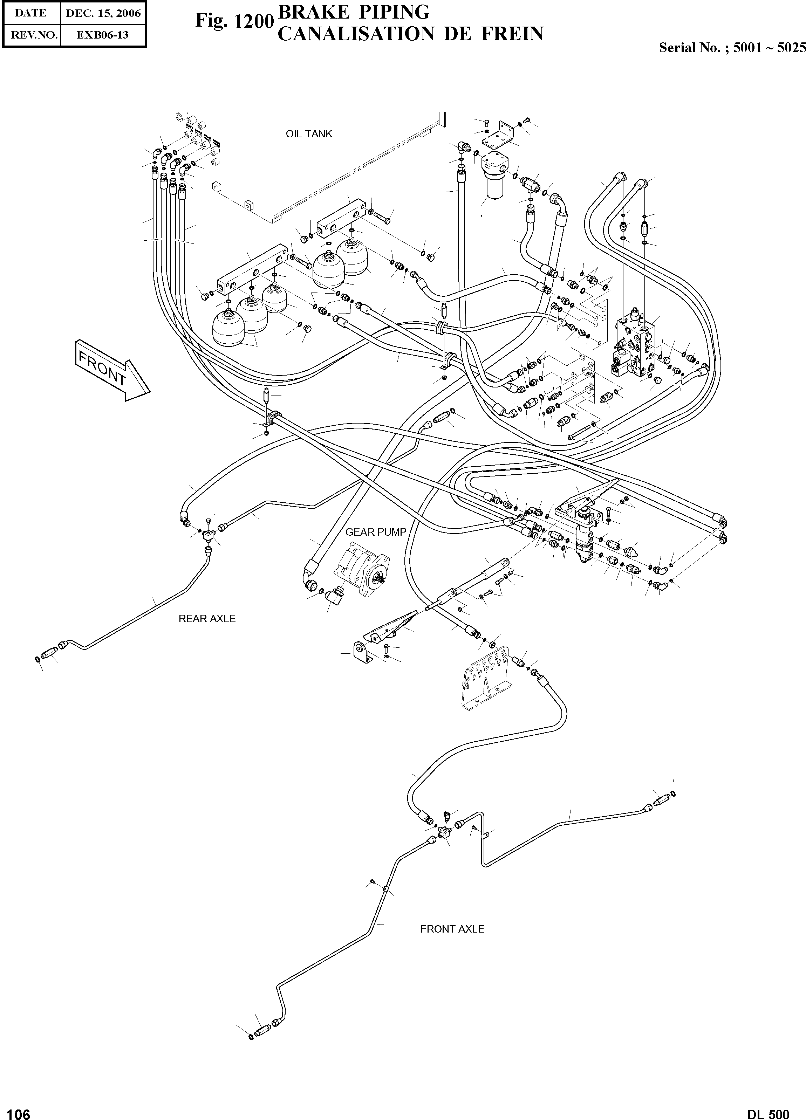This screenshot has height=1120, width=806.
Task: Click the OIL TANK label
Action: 309,134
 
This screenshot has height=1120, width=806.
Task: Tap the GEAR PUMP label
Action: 375,532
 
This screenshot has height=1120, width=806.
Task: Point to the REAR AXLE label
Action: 207,619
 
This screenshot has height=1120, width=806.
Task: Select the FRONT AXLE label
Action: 452,929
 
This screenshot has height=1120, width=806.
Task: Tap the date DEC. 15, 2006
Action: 103,13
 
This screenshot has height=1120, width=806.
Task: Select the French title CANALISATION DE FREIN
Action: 410,34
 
